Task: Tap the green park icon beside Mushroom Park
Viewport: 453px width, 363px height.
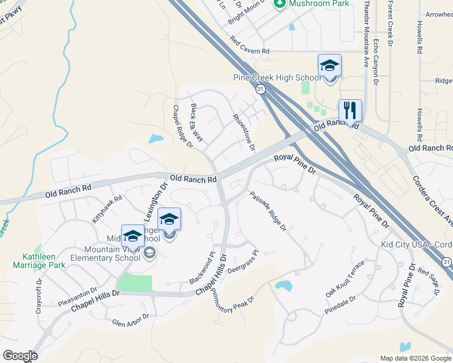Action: (x=280, y=4)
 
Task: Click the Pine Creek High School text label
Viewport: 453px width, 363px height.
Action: (x=277, y=78)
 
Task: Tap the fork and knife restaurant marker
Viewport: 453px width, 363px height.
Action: (x=350, y=110)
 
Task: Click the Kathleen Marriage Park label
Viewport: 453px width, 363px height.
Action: (x=39, y=261)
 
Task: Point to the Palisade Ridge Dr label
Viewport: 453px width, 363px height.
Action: (x=267, y=211)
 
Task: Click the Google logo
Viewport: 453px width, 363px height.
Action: (x=20, y=356)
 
